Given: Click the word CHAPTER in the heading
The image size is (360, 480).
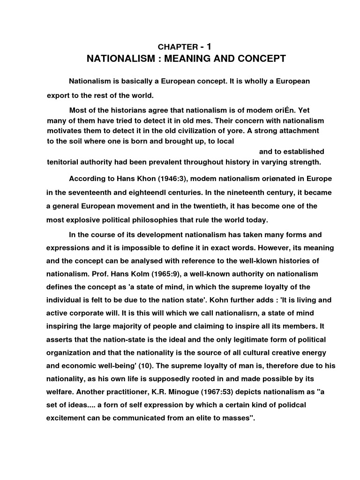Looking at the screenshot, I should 178,47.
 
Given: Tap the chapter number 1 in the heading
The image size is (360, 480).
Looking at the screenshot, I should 209,46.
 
